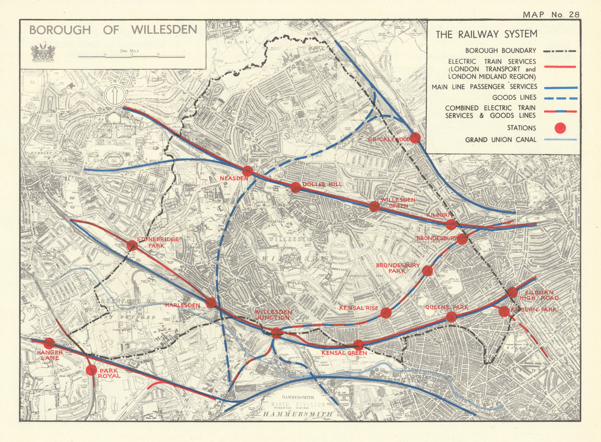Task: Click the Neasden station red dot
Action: click(248, 171)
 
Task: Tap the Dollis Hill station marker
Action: click(296, 187)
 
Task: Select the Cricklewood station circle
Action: click(415, 138)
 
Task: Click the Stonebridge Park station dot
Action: click(132, 245)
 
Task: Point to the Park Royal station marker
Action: click(91, 370)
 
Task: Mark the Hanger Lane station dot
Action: click(49, 343)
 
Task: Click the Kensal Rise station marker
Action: click(386, 313)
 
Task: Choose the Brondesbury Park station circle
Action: click(427, 271)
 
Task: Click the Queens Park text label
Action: click(447, 307)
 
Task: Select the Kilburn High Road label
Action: click(539, 295)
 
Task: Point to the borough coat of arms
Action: click(43, 52)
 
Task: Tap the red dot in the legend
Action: click(560, 128)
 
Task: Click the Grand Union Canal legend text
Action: click(501, 140)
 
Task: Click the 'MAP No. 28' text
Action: click(551, 15)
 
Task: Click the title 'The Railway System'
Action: click(486, 35)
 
